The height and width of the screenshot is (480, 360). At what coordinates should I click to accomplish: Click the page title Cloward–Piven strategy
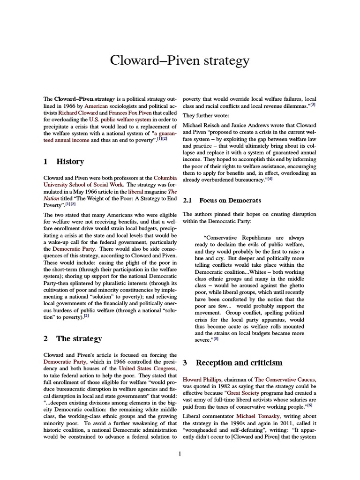point(180,60)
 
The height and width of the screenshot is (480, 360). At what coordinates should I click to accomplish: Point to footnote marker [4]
point(270,178)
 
